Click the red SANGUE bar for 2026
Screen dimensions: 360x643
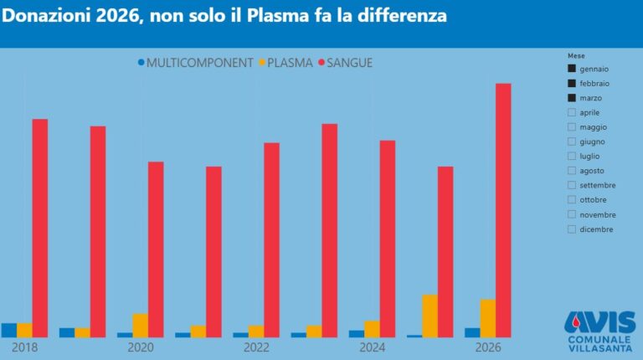(x=503, y=209)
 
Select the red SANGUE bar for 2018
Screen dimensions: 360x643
(x=40, y=226)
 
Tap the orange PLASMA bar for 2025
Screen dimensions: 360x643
(x=430, y=316)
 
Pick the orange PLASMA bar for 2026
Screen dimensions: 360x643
(x=487, y=318)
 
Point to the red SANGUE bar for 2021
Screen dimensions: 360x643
(x=213, y=251)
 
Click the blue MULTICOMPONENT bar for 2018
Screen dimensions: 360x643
(x=9, y=330)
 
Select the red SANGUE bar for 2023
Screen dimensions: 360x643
(x=329, y=230)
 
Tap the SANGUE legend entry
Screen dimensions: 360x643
(x=345, y=62)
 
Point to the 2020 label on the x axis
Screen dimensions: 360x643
(x=141, y=347)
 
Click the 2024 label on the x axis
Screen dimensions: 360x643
(x=373, y=347)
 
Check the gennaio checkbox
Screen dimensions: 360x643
(x=572, y=69)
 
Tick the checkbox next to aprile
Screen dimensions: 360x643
(x=572, y=112)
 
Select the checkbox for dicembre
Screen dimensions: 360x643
(x=572, y=229)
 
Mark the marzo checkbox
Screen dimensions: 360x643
(x=572, y=98)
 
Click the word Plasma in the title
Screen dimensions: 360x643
(x=276, y=16)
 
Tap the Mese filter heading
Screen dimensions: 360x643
(x=576, y=55)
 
